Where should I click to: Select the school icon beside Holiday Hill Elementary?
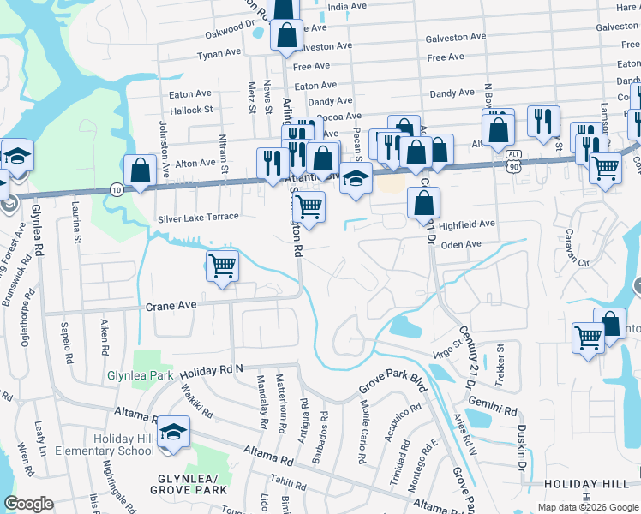tap(173, 433)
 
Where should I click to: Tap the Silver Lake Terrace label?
tap(197, 218)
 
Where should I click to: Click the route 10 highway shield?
tap(116, 188)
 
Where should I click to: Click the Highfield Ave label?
tap(467, 224)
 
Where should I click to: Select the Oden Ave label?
tap(462, 244)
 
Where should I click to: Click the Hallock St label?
tap(190, 111)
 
